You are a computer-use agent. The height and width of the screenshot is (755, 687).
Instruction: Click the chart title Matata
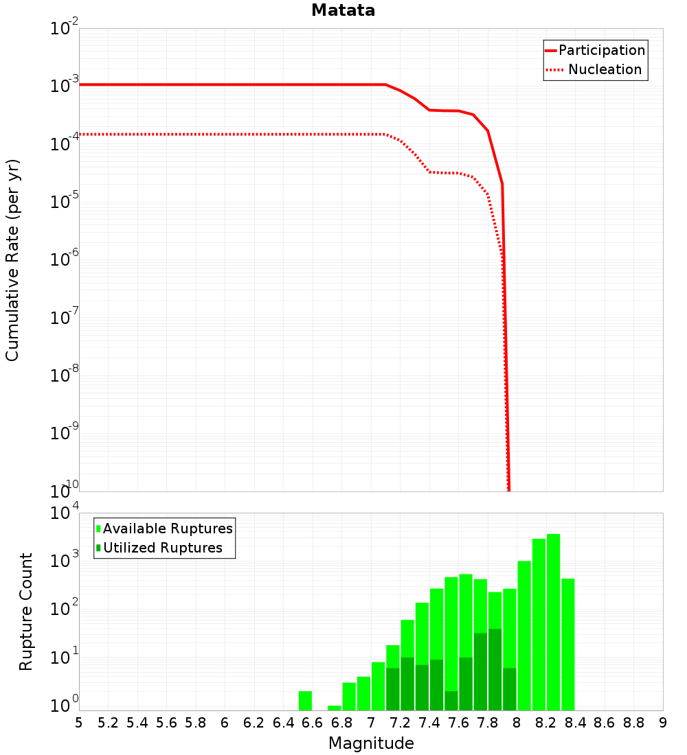[343, 11]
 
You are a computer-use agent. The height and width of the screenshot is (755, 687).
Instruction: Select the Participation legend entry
[595, 51]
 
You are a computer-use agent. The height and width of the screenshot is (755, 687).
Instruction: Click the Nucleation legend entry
[595, 70]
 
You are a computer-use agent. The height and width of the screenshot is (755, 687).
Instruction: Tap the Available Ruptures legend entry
[165, 529]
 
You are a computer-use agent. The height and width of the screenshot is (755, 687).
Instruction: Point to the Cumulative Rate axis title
[12, 260]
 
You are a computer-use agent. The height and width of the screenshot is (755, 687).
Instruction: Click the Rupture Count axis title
[26, 612]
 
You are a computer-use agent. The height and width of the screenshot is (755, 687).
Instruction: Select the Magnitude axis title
[371, 743]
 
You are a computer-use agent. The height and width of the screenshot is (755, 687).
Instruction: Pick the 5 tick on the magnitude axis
[79, 723]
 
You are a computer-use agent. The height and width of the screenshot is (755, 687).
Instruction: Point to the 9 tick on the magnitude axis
[663, 723]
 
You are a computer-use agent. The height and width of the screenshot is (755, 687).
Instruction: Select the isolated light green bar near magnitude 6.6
[305, 701]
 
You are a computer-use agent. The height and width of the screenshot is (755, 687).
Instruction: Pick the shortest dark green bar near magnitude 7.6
[451, 701]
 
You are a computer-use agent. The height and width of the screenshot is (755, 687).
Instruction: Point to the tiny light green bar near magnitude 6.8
[334, 708]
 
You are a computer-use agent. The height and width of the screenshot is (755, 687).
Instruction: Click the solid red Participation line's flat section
[227, 84]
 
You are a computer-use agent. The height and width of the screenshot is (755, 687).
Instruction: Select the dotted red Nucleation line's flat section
[227, 134]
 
